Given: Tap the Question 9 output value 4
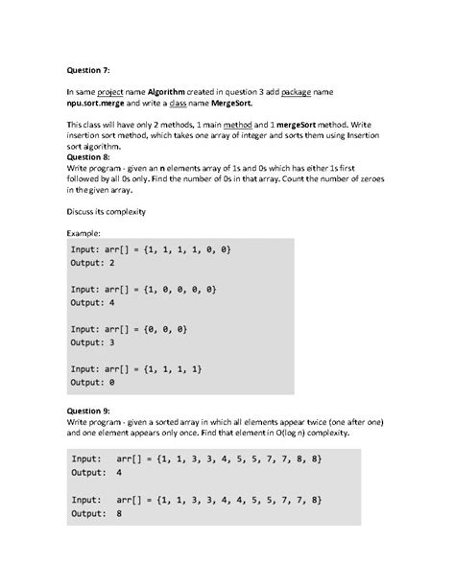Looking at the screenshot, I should click(118, 473).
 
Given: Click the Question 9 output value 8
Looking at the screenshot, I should click(118, 513).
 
